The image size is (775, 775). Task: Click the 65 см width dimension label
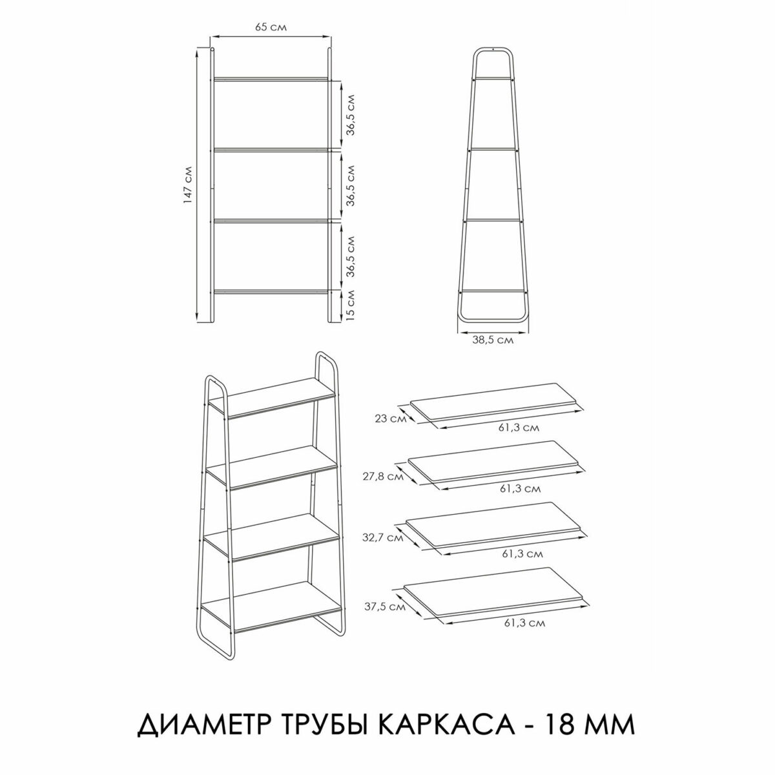coord(271,27)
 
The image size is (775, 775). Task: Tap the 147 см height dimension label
coord(188,185)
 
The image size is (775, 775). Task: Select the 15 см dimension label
coord(349,305)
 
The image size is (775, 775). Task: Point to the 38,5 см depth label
coord(492,341)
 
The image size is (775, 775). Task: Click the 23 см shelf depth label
coord(386,419)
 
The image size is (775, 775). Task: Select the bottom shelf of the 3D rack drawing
coord(271,604)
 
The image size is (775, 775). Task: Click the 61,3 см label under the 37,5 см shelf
coord(522,623)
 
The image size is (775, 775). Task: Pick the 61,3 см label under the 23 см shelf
coord(522,427)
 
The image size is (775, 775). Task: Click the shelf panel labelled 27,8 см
coord(494,460)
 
